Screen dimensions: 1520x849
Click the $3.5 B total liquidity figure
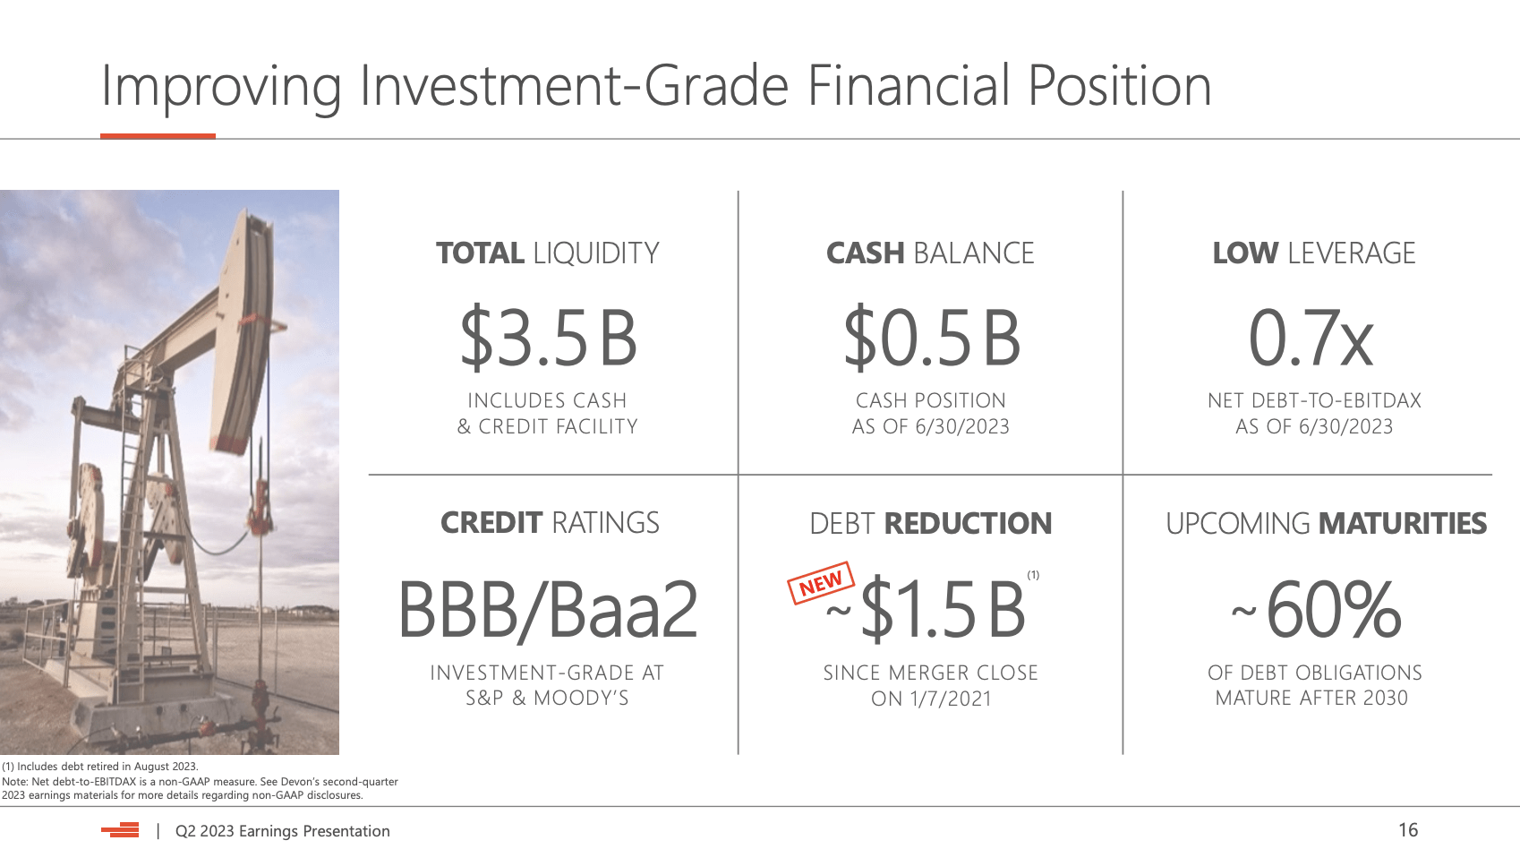(548, 338)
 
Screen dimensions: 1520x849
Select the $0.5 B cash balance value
(932, 338)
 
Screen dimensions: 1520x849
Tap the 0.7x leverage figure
(1311, 338)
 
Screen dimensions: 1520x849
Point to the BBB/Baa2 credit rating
(548, 610)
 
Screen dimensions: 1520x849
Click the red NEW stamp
(821, 582)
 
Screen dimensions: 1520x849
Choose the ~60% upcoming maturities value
(1317, 609)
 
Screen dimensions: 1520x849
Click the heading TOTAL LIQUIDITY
(548, 253)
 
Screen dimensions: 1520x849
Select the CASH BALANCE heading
(930, 253)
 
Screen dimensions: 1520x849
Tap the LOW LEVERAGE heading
(1314, 253)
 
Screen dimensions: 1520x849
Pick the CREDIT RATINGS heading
(550, 523)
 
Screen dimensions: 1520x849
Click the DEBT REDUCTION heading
(931, 523)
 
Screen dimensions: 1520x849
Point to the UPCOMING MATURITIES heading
(1327, 523)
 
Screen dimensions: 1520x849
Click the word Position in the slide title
(1120, 87)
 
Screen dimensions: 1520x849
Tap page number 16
(1408, 830)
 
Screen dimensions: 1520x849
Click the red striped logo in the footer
(120, 830)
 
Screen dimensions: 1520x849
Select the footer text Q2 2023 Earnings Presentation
(282, 831)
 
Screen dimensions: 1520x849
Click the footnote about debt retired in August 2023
(99, 767)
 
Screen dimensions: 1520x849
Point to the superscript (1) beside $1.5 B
(1033, 575)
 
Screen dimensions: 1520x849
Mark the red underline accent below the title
(158, 136)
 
